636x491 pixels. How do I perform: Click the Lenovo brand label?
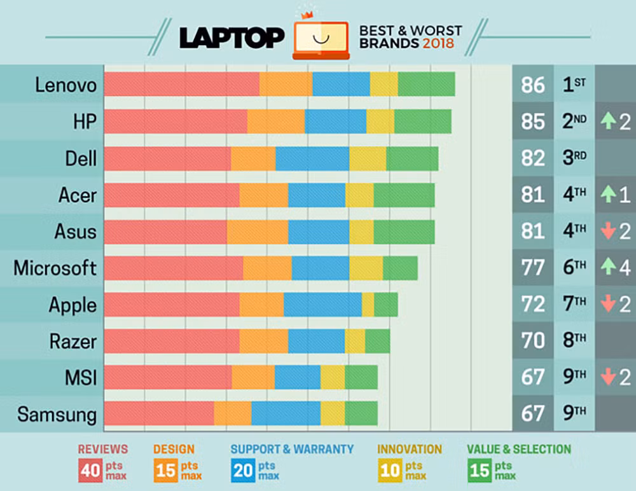click(66, 85)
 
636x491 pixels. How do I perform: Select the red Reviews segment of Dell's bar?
click(167, 158)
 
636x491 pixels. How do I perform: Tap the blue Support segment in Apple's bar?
click(322, 305)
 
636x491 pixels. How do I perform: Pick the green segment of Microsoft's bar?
click(400, 268)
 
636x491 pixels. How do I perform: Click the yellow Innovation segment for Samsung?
click(333, 413)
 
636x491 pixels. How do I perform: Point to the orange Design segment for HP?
click(275, 121)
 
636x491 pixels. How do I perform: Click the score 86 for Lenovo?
click(532, 85)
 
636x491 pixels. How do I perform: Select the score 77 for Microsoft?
click(532, 268)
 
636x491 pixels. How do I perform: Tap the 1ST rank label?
click(574, 85)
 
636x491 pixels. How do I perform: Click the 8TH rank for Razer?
click(574, 341)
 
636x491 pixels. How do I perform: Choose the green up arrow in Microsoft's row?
click(608, 268)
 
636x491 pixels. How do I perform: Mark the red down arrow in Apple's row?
click(608, 305)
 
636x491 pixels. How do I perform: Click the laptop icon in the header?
click(321, 39)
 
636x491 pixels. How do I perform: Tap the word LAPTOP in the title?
click(232, 38)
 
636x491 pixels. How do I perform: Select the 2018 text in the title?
click(438, 44)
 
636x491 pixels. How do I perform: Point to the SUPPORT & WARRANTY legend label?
click(292, 449)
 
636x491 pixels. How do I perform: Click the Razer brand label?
click(73, 342)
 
